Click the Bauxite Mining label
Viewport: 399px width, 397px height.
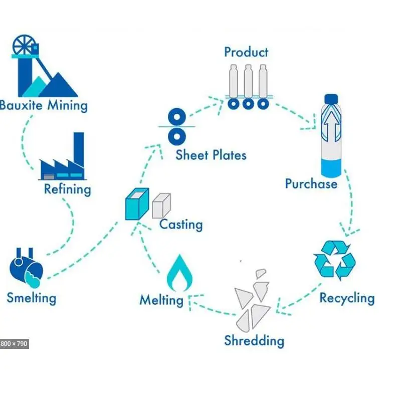[x=44, y=106]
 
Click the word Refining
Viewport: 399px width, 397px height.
[x=67, y=189]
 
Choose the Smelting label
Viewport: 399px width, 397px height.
[x=31, y=298]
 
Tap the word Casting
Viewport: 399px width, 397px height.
[x=180, y=224]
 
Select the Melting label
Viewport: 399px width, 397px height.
[x=161, y=300]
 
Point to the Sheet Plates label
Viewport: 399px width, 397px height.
[x=211, y=154]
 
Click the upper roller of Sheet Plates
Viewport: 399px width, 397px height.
[x=176, y=117]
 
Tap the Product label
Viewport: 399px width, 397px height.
[x=246, y=52]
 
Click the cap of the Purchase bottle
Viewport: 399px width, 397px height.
[x=330, y=99]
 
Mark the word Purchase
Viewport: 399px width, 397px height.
[x=311, y=183]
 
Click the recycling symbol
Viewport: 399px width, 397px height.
[x=334, y=260]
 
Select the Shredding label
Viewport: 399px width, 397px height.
[x=254, y=341]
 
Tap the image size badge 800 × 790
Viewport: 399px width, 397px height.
[x=14, y=343]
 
